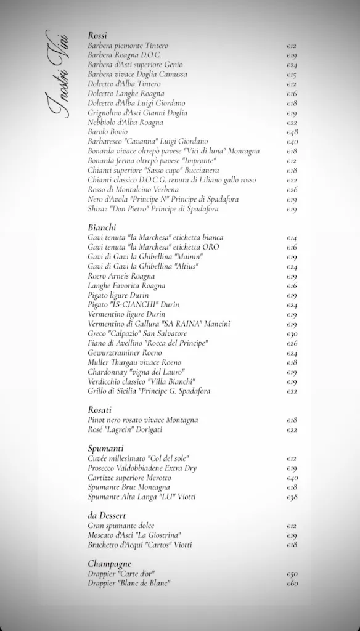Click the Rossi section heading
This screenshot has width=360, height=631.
97,36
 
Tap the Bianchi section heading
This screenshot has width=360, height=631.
102,227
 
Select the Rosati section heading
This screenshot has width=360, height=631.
99,410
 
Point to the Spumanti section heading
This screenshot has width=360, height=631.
105,448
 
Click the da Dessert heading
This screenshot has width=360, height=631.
107,515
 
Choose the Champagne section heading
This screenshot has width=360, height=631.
109,563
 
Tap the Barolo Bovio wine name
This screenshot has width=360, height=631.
108,132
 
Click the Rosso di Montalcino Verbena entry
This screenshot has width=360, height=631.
133,189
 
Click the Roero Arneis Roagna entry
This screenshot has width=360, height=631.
121,276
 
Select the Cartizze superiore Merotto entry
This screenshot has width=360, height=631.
129,478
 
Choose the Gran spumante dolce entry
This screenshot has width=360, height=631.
121,526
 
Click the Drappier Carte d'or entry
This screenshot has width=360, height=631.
121,573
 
